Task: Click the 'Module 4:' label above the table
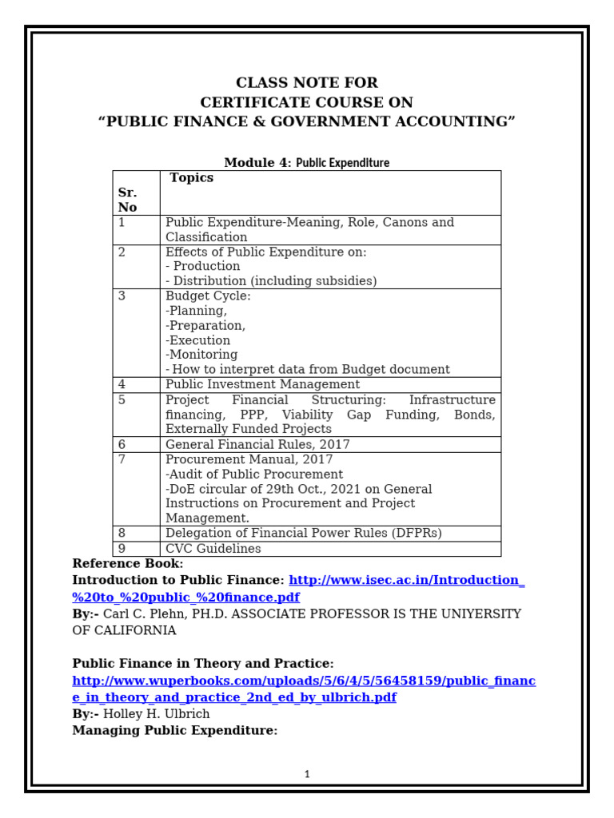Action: pyautogui.click(x=258, y=163)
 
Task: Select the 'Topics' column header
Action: pyautogui.click(x=192, y=178)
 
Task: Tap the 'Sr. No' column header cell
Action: pyautogui.click(x=128, y=200)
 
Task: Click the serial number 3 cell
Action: pyautogui.click(x=122, y=296)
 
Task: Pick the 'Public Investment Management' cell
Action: pyautogui.click(x=262, y=384)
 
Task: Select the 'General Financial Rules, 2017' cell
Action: pyautogui.click(x=257, y=444)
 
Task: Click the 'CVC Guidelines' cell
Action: pyautogui.click(x=213, y=549)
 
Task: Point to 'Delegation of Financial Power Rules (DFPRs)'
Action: pyautogui.click(x=303, y=533)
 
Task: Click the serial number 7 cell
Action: pyautogui.click(x=122, y=459)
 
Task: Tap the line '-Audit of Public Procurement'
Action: pyautogui.click(x=254, y=475)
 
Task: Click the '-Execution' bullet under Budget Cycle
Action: pyautogui.click(x=197, y=340)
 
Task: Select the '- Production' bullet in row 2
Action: pyautogui.click(x=202, y=266)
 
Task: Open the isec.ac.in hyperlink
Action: pyautogui.click(x=406, y=581)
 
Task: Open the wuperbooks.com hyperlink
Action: pyautogui.click(x=304, y=681)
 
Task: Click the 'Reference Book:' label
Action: pyautogui.click(x=128, y=564)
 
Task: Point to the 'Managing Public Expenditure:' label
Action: pyautogui.click(x=175, y=730)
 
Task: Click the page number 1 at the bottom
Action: pyautogui.click(x=307, y=774)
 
